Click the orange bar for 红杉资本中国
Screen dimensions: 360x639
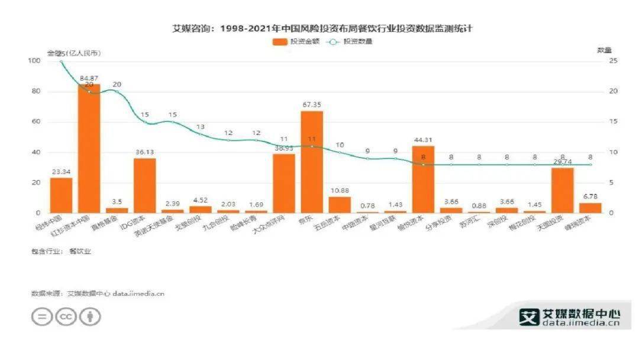tap(89, 148)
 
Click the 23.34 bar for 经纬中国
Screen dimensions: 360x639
tap(61, 195)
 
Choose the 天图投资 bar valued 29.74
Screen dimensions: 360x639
tap(562, 190)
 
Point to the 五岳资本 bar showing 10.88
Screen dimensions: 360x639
tap(340, 204)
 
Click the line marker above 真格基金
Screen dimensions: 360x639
tap(117, 92)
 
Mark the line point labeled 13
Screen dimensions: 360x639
tap(201, 134)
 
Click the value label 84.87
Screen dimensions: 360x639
tap(89, 78)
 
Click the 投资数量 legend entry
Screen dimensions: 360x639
tap(349, 41)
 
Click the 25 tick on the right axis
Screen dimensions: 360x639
tap(614, 61)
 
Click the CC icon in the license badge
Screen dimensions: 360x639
tap(66, 317)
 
